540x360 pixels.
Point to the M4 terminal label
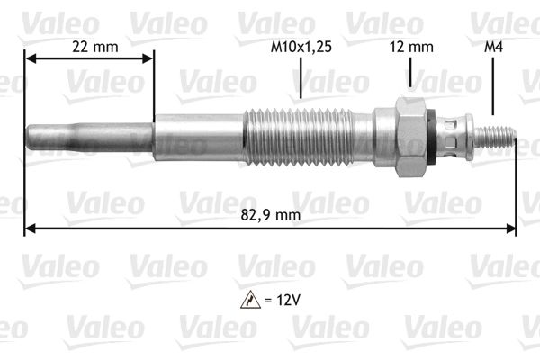493,46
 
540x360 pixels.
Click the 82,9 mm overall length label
272,214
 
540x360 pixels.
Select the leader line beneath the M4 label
493,90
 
